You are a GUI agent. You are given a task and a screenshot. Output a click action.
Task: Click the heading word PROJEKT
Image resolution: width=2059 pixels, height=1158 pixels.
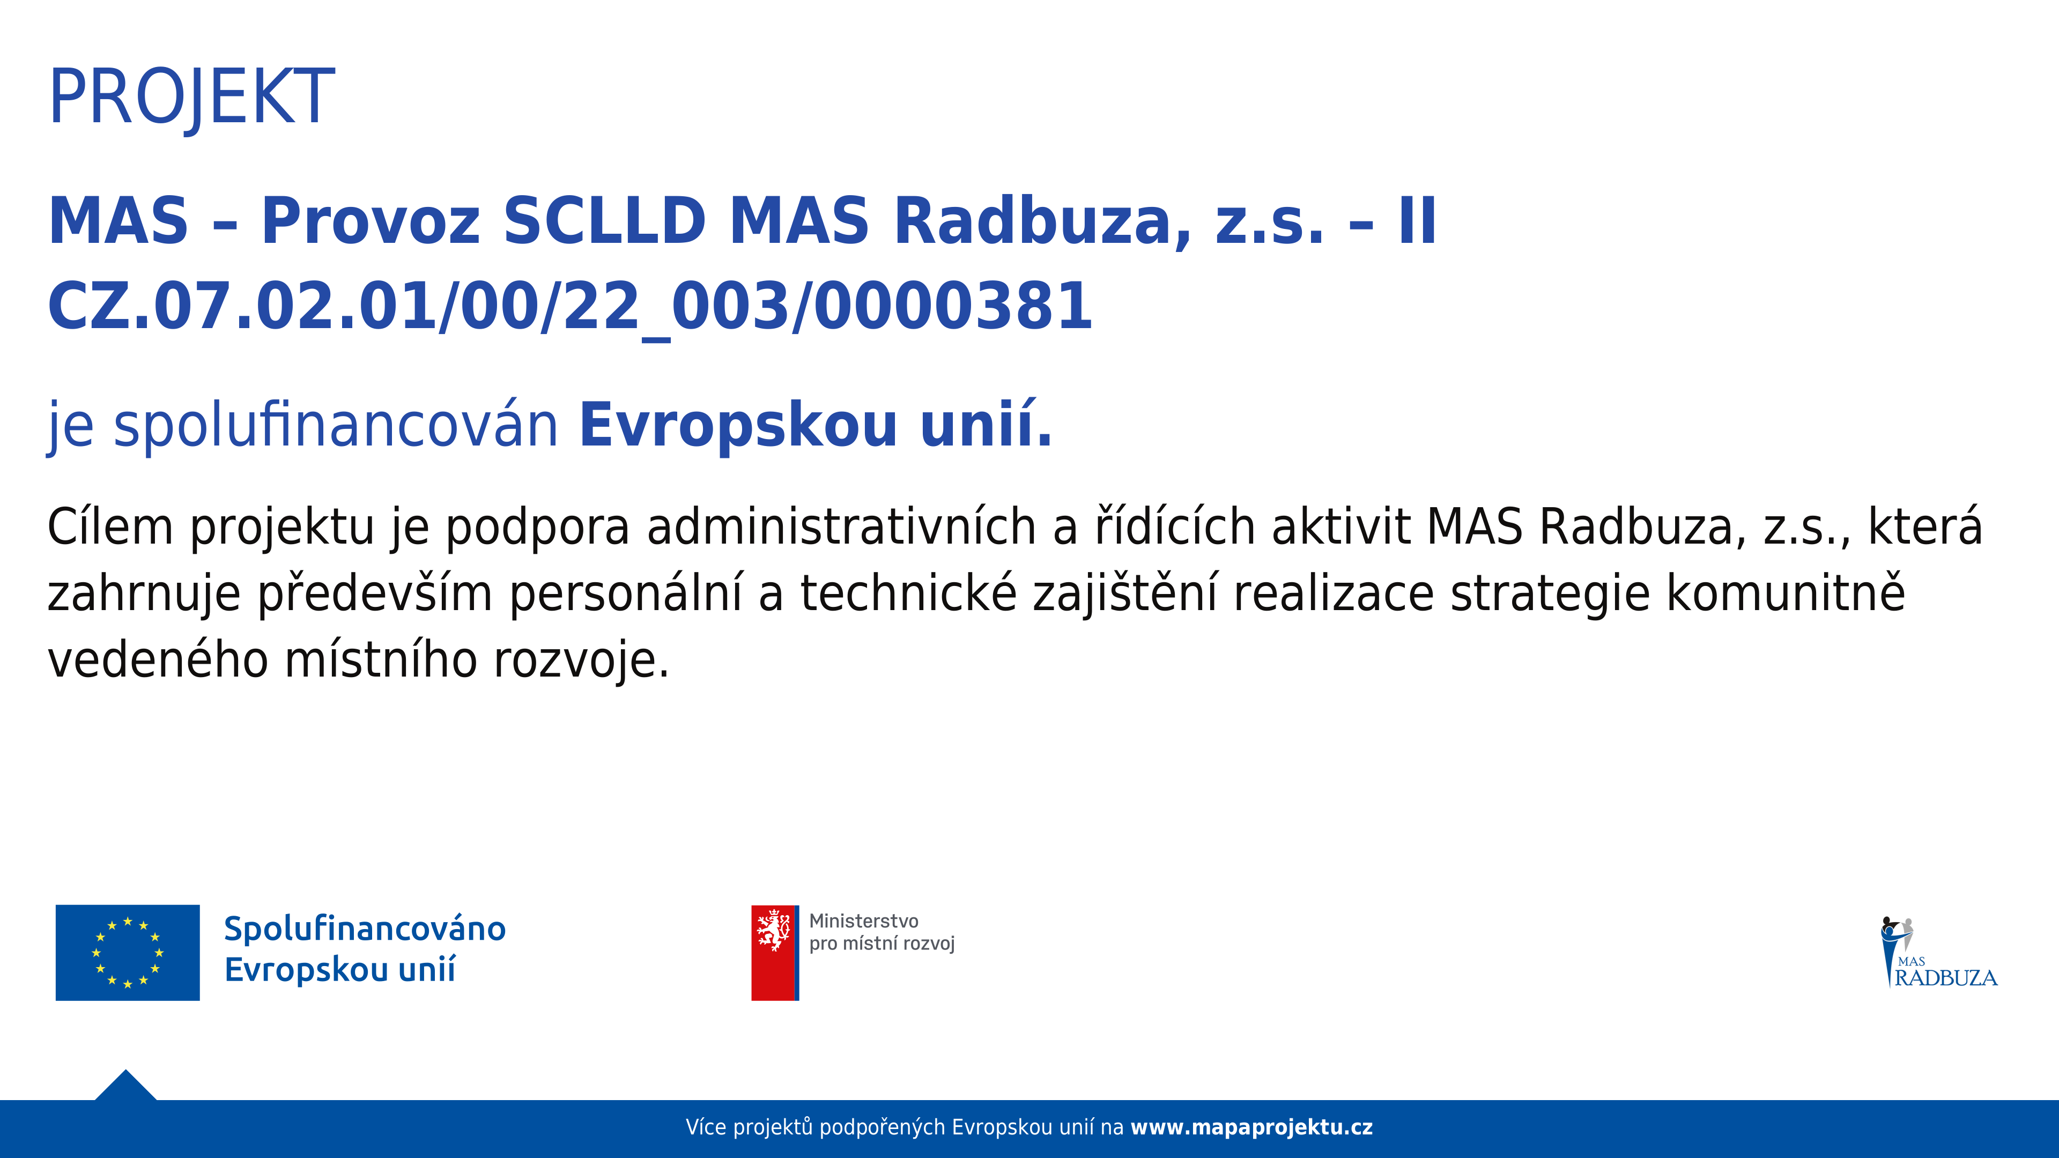click(192, 96)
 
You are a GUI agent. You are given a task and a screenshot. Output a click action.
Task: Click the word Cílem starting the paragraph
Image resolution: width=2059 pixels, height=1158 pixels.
click(110, 528)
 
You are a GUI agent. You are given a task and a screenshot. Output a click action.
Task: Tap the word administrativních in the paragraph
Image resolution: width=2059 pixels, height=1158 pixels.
click(841, 528)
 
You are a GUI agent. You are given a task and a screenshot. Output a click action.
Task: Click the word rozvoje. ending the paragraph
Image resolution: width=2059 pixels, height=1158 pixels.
click(581, 662)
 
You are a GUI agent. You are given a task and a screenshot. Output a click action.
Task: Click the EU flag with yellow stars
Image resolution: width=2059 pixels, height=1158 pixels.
click(128, 953)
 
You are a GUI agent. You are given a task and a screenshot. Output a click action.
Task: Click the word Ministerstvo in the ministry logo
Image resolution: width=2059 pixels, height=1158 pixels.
click(863, 922)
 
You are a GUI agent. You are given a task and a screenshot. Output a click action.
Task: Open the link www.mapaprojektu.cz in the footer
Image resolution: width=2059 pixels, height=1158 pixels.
click(1251, 1127)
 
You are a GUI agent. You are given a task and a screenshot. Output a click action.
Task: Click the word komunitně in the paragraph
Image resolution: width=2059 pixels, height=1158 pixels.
click(1786, 595)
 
